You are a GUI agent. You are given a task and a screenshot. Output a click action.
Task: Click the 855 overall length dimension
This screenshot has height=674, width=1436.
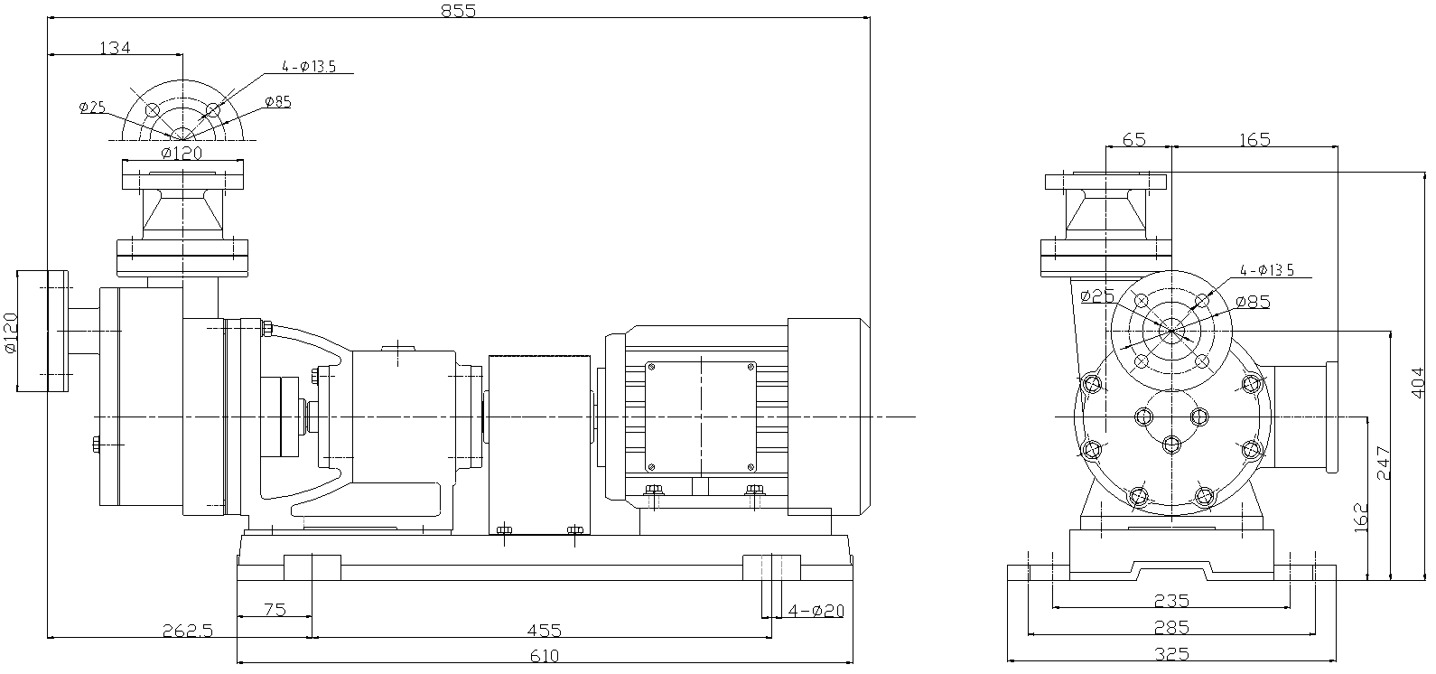click(x=459, y=10)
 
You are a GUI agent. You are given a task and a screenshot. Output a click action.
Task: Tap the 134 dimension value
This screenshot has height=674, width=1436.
click(x=116, y=48)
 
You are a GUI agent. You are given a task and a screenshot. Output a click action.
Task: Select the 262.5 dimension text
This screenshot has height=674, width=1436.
click(x=187, y=631)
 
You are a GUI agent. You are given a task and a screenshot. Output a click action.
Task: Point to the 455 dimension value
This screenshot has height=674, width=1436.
click(x=545, y=631)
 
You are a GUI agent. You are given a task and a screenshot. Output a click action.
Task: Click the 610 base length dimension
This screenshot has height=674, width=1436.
click(x=545, y=656)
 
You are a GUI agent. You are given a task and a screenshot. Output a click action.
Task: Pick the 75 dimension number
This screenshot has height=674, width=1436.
click(x=275, y=610)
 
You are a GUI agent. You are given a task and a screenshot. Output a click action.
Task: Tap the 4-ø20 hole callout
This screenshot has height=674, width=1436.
click(x=816, y=611)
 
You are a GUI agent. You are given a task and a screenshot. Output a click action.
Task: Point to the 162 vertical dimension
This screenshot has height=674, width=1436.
click(x=1359, y=517)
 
